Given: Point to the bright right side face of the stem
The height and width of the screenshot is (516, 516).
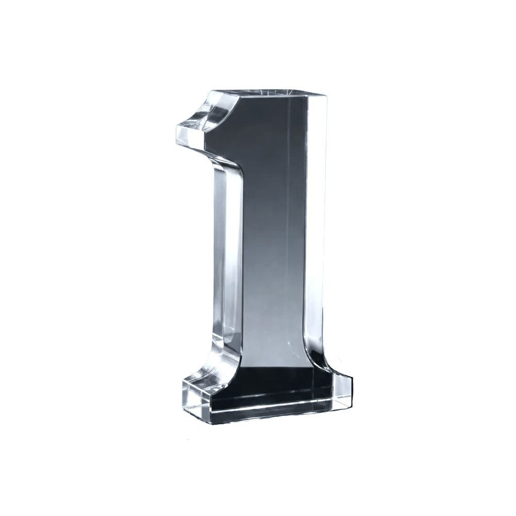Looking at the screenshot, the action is (316, 230).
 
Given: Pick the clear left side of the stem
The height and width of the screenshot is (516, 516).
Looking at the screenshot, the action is (227, 250).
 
